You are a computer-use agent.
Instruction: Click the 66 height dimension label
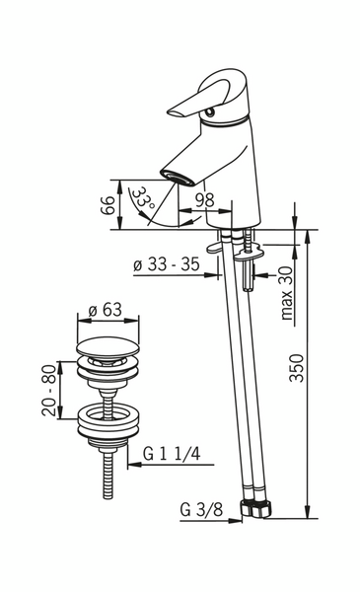tap(108, 205)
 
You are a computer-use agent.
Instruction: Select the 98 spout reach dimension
tap(204, 199)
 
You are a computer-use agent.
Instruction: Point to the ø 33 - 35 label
tap(166, 264)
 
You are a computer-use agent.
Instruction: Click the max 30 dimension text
tap(287, 293)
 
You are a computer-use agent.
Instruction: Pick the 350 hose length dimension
tap(297, 368)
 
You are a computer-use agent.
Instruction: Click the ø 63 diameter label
tap(106, 310)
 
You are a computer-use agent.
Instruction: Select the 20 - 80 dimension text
tap(49, 391)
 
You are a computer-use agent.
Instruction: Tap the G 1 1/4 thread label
tap(172, 454)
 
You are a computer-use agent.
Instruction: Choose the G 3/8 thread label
tap(201, 510)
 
